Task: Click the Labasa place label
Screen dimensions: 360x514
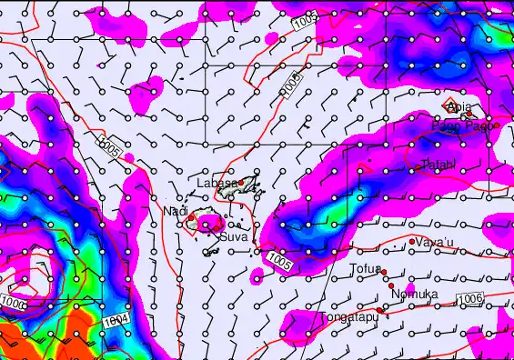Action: (217, 183)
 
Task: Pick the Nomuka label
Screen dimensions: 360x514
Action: (414, 295)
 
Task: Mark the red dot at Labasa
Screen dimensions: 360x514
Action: (241, 182)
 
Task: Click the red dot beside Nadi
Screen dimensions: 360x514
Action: (191, 217)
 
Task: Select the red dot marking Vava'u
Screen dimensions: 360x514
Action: (413, 241)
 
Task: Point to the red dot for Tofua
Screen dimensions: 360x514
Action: (384, 272)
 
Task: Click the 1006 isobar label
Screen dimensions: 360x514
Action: (468, 298)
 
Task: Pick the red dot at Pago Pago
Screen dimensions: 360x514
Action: (498, 125)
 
